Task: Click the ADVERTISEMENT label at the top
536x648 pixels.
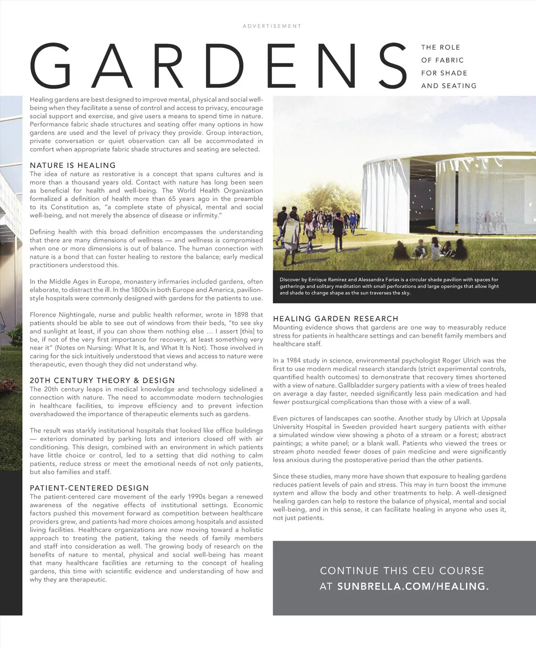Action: [x=272, y=26]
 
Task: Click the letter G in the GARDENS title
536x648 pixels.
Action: [x=50, y=66]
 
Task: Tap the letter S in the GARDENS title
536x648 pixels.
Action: [x=389, y=66]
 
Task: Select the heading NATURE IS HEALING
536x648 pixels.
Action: [x=73, y=165]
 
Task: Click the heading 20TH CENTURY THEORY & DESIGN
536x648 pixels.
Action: [x=102, y=381]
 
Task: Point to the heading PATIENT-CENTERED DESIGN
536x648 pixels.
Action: [x=89, y=488]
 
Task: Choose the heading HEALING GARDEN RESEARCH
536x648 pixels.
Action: [x=335, y=319]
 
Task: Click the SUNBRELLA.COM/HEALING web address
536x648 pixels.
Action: [x=413, y=586]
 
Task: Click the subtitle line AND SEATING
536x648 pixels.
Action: [x=448, y=86]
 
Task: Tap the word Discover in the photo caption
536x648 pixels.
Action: [x=289, y=280]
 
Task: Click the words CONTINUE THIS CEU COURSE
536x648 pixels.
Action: [x=402, y=571]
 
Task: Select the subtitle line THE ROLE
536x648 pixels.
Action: [x=440, y=47]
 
